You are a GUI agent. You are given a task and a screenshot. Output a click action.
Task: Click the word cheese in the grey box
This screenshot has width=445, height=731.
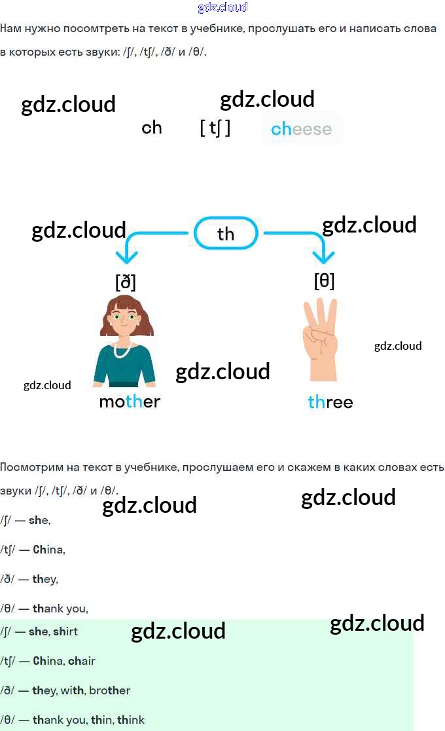[x=301, y=129]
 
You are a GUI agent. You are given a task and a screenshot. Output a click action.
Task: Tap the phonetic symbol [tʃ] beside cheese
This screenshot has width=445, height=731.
[x=215, y=128]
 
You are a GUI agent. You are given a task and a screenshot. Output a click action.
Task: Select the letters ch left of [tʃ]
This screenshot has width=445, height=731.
[x=151, y=127]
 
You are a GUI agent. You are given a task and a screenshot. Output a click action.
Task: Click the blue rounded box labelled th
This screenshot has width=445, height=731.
[x=226, y=233]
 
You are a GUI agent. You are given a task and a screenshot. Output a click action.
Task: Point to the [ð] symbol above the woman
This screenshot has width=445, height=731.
[x=126, y=282]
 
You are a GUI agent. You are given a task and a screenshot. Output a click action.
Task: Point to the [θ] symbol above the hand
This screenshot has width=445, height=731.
[x=324, y=280]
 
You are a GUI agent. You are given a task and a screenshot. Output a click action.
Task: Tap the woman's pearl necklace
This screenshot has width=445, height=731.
[x=122, y=350]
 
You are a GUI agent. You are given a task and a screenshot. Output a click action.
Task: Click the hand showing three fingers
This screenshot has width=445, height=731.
[x=321, y=341]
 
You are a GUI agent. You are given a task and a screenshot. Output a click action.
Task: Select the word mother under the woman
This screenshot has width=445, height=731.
[x=129, y=402]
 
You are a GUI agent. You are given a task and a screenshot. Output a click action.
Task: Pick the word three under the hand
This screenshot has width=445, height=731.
[x=330, y=402]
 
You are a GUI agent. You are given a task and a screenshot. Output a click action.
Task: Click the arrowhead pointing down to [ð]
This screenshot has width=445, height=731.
[x=125, y=258]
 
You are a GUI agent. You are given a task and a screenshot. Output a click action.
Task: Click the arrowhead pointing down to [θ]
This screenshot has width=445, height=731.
[x=320, y=256]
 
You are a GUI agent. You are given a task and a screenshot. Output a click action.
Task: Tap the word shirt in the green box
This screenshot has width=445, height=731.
[x=65, y=631]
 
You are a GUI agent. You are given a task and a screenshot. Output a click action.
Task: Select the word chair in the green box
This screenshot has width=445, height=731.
[x=81, y=661]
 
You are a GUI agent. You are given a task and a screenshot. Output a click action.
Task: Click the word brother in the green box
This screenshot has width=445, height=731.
[x=109, y=690]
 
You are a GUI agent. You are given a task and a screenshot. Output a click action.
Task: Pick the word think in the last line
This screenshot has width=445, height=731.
[x=131, y=720]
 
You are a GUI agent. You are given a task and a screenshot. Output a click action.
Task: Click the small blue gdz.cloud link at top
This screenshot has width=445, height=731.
[x=222, y=7]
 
